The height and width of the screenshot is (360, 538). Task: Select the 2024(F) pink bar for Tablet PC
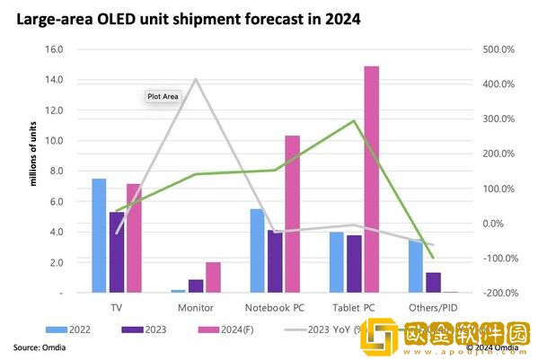click(371, 180)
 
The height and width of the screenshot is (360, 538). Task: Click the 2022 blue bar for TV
click(99, 235)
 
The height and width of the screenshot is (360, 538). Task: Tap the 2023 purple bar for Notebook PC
click(275, 261)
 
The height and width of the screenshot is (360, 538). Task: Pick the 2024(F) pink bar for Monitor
click(213, 277)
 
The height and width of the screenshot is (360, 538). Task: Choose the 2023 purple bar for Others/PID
click(433, 282)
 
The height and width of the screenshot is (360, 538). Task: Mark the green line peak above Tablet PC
click(355, 120)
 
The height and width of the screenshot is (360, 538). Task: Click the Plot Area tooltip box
click(163, 95)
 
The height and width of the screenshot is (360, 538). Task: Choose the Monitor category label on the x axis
click(196, 307)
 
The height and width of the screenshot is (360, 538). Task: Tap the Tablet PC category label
click(354, 307)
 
